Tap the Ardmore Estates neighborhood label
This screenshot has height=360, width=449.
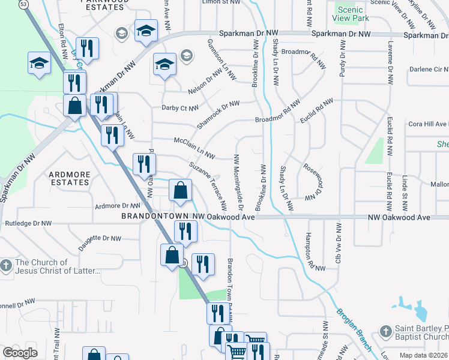(69, 178)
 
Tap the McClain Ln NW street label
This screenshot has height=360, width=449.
(194, 146)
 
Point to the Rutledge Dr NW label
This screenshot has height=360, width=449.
(28, 223)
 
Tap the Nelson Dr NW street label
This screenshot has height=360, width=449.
(205, 84)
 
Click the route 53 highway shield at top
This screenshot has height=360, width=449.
(23, 4)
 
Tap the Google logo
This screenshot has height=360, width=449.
(20, 353)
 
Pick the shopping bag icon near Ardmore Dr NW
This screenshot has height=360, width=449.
(181, 191)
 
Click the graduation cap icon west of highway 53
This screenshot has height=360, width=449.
(39, 63)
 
